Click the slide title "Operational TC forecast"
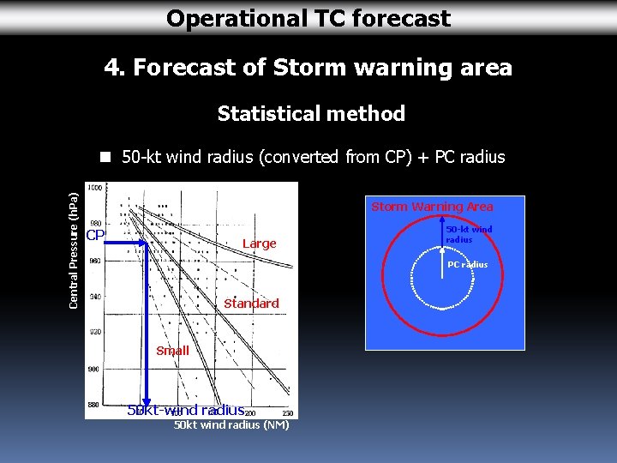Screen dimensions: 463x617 click(308, 18)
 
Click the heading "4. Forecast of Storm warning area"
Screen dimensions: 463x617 click(308, 67)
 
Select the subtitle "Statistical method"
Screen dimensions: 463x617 click(311, 113)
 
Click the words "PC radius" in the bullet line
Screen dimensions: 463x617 click(470, 157)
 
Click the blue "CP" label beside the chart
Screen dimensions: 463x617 click(94, 236)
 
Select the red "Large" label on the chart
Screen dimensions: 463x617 click(259, 244)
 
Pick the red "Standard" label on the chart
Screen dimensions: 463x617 click(251, 304)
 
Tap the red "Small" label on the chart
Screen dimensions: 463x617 click(172, 351)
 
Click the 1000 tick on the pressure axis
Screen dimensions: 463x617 click(93, 187)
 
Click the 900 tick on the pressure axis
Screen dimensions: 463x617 click(93, 369)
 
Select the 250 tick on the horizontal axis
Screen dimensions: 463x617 click(287, 413)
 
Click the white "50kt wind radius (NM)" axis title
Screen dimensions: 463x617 click(231, 425)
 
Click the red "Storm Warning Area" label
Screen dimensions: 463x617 click(432, 207)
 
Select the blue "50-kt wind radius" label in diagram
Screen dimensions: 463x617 click(469, 234)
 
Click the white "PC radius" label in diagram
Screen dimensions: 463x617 click(467, 264)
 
